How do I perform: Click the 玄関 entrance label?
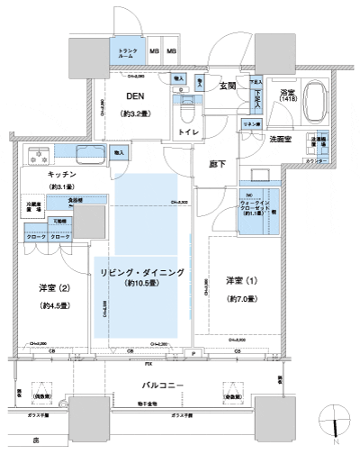(x=227, y=86)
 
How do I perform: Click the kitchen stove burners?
(x=39, y=153)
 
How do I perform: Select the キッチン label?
(x=39, y=173)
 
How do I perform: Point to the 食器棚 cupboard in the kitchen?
(x=76, y=203)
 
